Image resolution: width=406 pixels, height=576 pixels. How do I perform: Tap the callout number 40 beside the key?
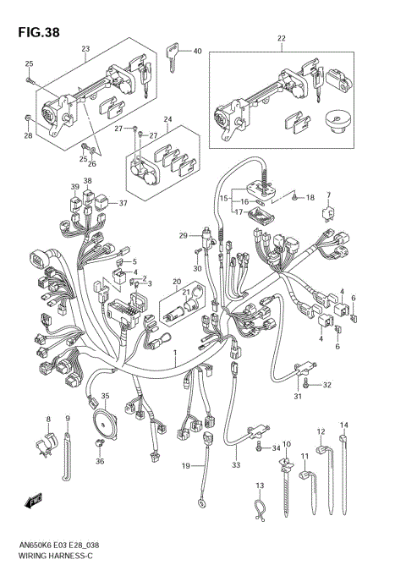(x=197, y=52)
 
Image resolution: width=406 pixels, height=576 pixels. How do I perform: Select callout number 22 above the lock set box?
(x=282, y=39)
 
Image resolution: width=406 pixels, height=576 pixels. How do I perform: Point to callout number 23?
(x=85, y=49)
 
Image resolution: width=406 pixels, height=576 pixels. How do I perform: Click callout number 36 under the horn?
(x=100, y=461)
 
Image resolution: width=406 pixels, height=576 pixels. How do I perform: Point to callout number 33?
(x=236, y=465)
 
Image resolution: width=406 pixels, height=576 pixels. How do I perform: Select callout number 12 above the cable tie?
(x=321, y=431)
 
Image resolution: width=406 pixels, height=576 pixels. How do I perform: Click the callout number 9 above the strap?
(x=69, y=420)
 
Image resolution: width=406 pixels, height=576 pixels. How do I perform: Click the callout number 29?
(x=182, y=235)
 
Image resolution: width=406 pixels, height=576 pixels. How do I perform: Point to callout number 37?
(x=123, y=203)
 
